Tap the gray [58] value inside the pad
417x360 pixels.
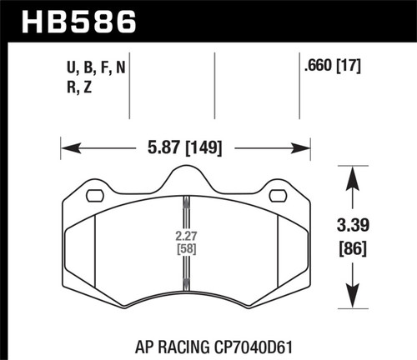[x=185, y=247]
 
